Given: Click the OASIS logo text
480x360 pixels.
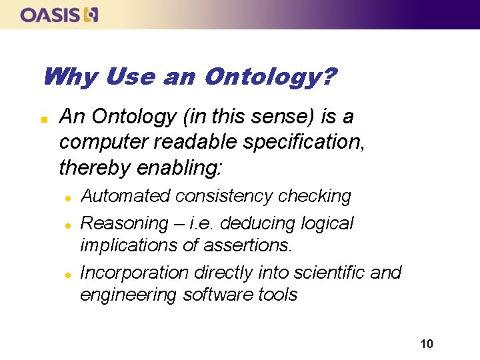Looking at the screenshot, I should (50, 15).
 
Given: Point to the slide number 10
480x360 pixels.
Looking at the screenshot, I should (427, 344).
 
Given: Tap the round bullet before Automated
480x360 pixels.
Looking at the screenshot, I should (67, 197).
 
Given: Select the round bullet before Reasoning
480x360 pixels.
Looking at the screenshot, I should (67, 224).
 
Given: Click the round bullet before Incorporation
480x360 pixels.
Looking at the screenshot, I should (67, 274).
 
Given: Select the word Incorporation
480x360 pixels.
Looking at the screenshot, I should (135, 273).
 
